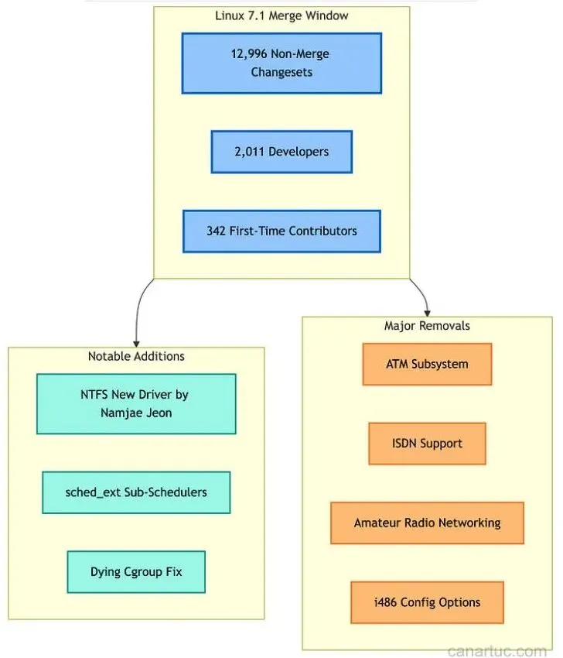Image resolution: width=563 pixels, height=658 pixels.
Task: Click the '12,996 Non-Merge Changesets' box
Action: pyautogui.click(x=281, y=63)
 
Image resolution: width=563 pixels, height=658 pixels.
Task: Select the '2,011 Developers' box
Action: pyautogui.click(x=281, y=152)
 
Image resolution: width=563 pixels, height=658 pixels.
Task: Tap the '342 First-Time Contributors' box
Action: pyautogui.click(x=281, y=231)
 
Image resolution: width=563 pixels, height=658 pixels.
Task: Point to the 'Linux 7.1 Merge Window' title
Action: pyautogui.click(x=281, y=16)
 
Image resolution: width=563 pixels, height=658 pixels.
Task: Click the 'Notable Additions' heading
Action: pyautogui.click(x=136, y=356)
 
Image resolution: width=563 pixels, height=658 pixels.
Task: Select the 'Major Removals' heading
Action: pyautogui.click(x=427, y=326)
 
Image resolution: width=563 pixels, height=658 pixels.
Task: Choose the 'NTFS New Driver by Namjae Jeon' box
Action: pyautogui.click(x=136, y=403)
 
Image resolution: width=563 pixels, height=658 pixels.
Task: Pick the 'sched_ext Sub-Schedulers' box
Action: pyautogui.click(x=136, y=492)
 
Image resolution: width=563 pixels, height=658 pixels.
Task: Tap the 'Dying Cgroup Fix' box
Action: pyautogui.click(x=136, y=571)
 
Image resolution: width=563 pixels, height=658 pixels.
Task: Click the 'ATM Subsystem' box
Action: pyautogui.click(x=427, y=364)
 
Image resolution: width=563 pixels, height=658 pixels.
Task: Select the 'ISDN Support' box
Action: pyautogui.click(x=427, y=444)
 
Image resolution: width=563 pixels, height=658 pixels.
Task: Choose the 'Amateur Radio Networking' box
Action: pyautogui.click(x=427, y=523)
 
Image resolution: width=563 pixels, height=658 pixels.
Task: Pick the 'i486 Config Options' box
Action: pyautogui.click(x=427, y=602)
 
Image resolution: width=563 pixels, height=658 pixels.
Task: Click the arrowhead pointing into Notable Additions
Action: pyautogui.click(x=136, y=344)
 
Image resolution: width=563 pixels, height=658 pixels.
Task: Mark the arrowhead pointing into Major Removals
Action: pyautogui.click(x=427, y=313)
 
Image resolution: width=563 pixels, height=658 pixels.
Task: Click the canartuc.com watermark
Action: pyautogui.click(x=497, y=651)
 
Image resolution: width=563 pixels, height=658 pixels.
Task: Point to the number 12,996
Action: pyautogui.click(x=249, y=53)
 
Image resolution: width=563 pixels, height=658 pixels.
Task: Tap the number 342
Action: pyautogui.click(x=217, y=231)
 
